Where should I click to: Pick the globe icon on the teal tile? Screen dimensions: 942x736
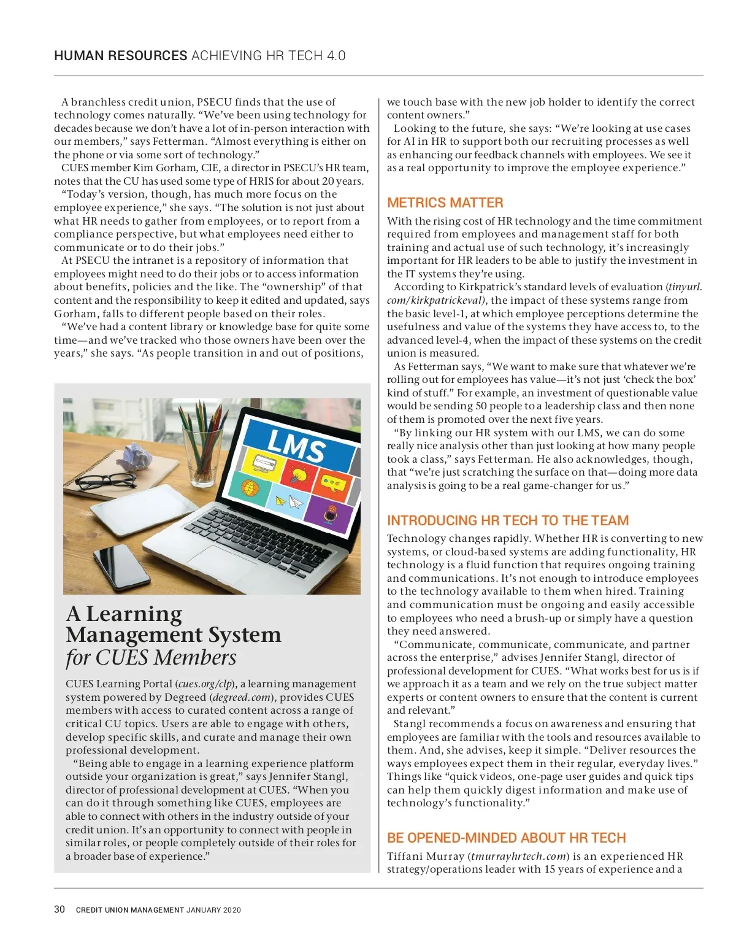(x=250, y=488)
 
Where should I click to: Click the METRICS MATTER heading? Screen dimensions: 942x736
(x=445, y=203)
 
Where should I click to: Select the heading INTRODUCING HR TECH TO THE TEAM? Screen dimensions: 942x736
(x=508, y=521)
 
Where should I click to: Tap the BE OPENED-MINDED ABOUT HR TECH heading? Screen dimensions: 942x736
(x=506, y=838)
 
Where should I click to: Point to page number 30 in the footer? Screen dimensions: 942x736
(x=59, y=909)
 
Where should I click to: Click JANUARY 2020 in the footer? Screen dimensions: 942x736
(x=214, y=910)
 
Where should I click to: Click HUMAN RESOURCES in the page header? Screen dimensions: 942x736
(x=121, y=56)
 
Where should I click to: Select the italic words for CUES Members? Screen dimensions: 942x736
(x=151, y=658)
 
